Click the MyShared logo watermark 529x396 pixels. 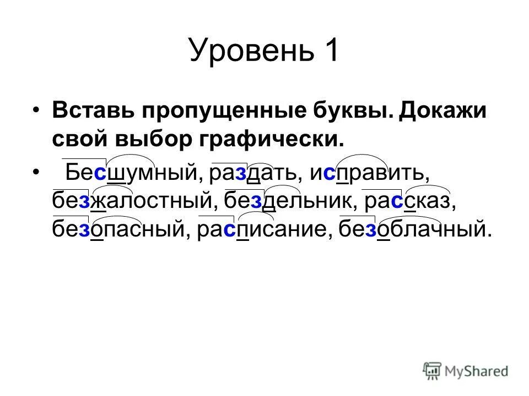(x=466, y=371)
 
